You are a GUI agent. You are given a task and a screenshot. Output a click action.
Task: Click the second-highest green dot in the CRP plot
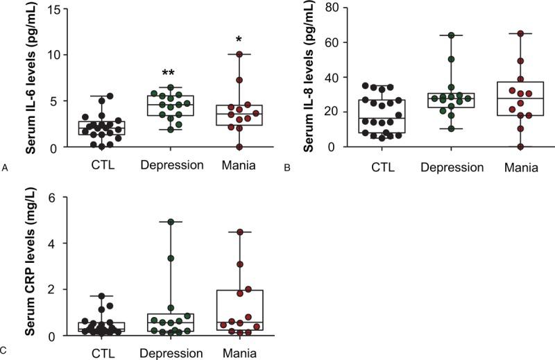coord(171,258)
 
